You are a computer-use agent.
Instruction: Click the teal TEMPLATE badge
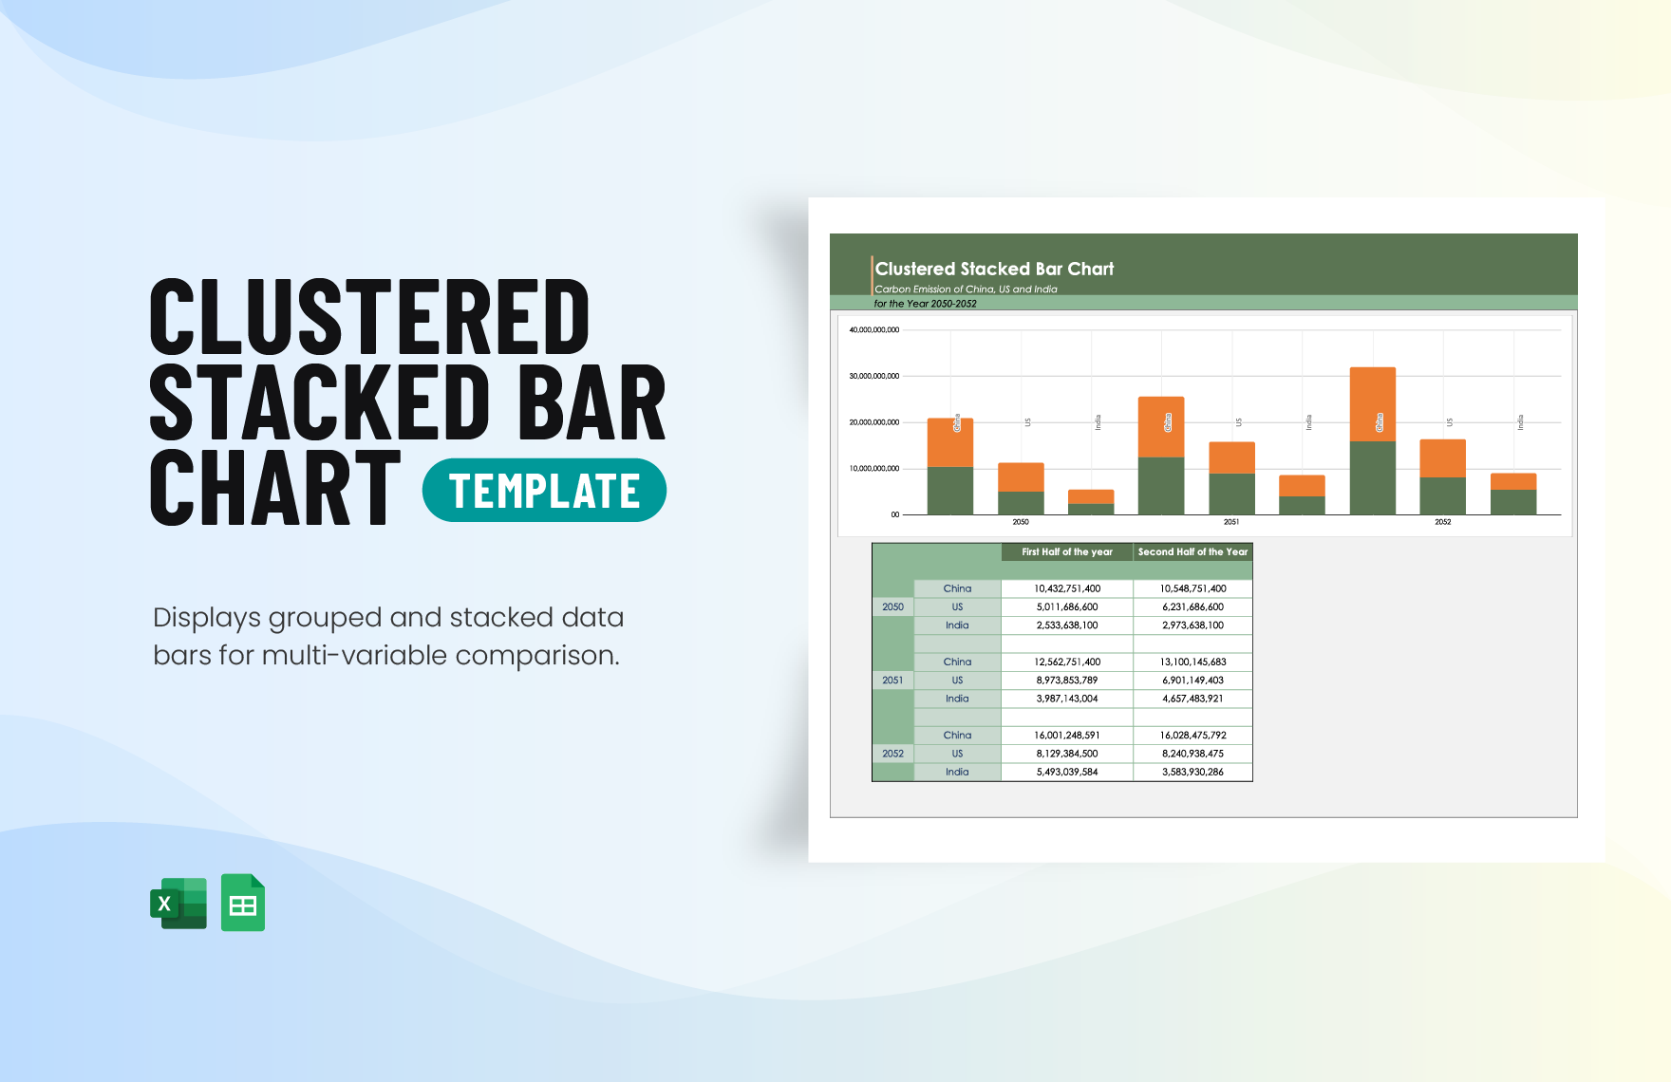click(x=544, y=491)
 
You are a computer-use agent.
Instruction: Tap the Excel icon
click(x=178, y=903)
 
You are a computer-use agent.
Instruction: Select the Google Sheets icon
click(x=243, y=903)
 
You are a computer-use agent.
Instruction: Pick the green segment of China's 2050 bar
click(x=949, y=491)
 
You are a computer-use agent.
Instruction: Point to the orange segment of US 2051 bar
click(x=1231, y=457)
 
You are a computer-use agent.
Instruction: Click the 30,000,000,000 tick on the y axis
click(x=873, y=377)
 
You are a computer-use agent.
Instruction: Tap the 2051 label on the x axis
click(x=1231, y=522)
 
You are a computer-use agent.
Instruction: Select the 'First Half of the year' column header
click(x=1067, y=551)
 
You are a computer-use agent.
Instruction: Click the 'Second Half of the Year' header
click(x=1192, y=551)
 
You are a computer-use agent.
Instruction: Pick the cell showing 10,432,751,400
click(x=1067, y=588)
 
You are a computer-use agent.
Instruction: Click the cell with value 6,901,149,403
click(x=1192, y=681)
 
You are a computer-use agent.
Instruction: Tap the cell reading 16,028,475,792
click(x=1192, y=736)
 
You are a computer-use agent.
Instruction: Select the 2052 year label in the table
click(x=892, y=754)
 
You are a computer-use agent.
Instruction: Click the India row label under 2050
click(x=957, y=625)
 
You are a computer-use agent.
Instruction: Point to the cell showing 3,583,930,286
click(x=1192, y=773)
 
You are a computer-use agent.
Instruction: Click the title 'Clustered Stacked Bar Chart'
click(x=994, y=270)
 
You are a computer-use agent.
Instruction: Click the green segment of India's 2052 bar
click(x=1513, y=502)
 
